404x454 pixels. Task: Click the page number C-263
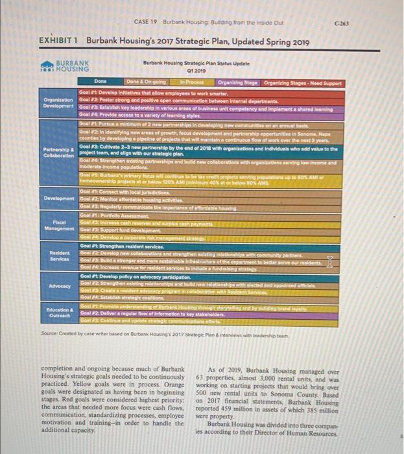(377, 22)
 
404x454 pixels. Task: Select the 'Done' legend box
(101, 82)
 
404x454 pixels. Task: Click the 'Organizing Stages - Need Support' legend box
(302, 82)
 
